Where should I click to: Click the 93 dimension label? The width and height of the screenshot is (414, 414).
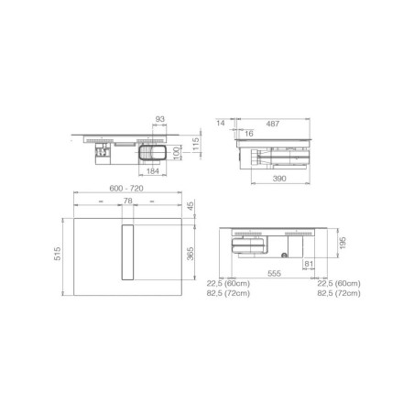point(160,119)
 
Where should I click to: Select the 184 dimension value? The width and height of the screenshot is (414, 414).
point(153,171)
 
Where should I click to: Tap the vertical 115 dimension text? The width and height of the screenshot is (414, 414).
point(196,144)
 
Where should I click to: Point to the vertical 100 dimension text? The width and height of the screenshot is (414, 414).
point(177,153)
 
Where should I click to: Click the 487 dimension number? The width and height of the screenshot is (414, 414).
point(273,124)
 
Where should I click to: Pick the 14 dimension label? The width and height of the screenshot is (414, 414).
point(221,123)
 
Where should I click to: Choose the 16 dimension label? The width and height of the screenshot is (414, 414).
point(249,134)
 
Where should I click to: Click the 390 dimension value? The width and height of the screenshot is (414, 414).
point(279,179)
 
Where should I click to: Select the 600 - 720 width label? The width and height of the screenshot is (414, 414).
point(126,189)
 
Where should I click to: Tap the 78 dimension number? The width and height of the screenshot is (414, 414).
point(127,201)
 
